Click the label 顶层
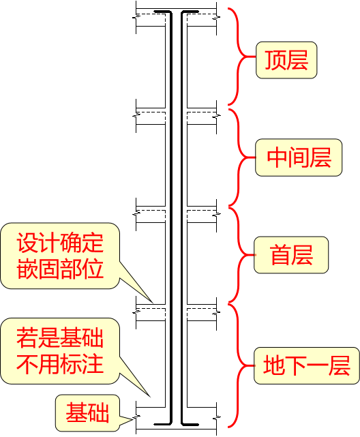point(286,59)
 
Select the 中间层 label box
point(299,157)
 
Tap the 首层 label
point(290,256)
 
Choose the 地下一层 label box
point(306,366)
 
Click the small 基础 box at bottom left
point(87,412)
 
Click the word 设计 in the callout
point(38,243)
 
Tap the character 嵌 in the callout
point(27,268)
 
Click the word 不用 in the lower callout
point(38,363)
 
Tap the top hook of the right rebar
point(190,11)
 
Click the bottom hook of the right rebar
point(190,424)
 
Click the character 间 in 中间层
point(299,157)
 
